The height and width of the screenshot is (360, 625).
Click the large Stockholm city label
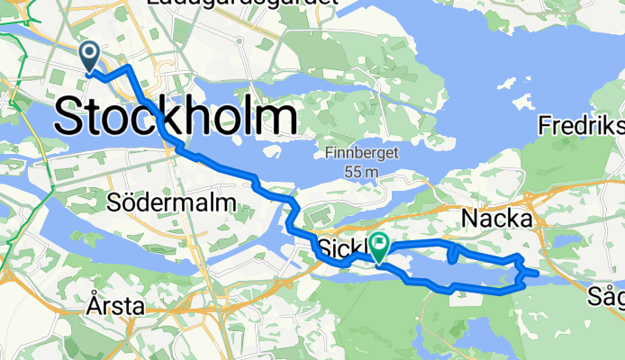[x=177, y=118]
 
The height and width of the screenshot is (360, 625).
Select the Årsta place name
[x=117, y=306]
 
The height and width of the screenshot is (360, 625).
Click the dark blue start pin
[x=91, y=56]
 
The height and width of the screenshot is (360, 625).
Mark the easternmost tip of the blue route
[x=538, y=273]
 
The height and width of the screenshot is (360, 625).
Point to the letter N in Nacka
[x=470, y=219]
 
